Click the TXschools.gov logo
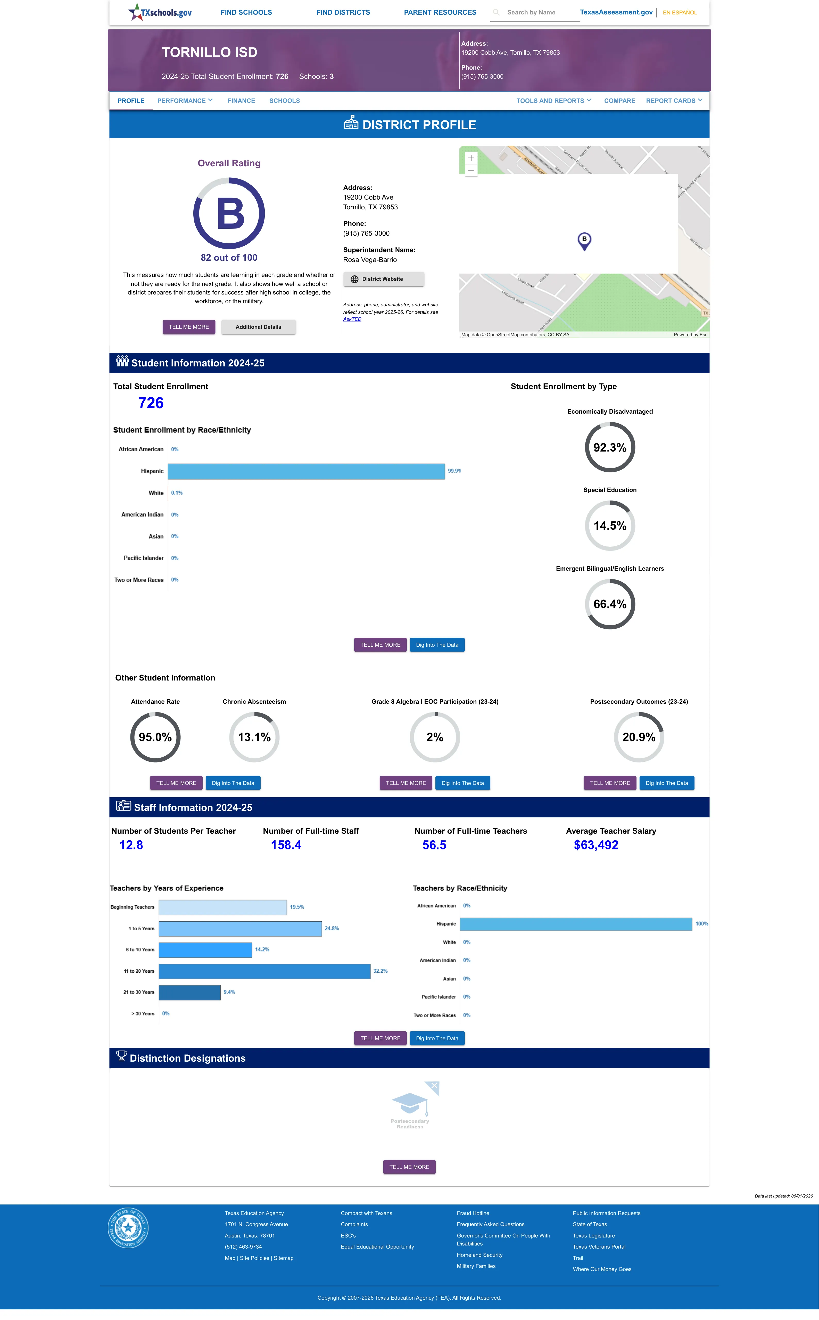160,12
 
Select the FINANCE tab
241,101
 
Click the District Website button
384,279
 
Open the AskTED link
352,319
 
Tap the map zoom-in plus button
471,158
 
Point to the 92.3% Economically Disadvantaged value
610,447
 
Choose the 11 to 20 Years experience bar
264,971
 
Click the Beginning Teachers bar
223,907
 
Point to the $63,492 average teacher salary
596,845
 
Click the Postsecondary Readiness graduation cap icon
410,1103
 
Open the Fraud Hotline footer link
473,1213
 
